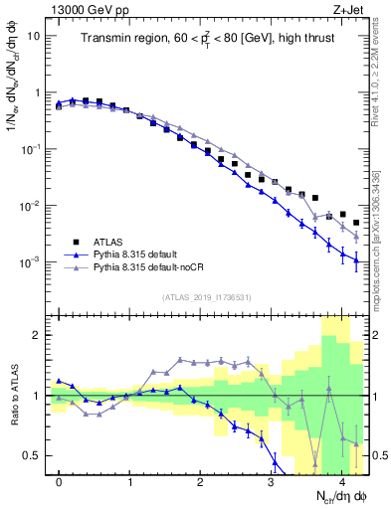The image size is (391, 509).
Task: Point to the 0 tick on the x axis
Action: (60, 483)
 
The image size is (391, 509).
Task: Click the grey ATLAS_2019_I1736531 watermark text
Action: (207, 297)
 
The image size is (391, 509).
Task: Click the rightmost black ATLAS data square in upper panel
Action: (356, 223)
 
